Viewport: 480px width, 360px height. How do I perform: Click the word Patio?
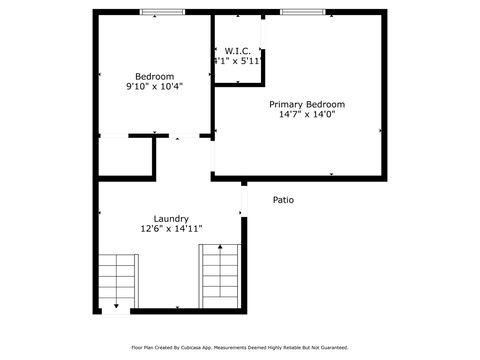pyautogui.click(x=284, y=200)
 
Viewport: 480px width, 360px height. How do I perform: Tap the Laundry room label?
pyautogui.click(x=171, y=218)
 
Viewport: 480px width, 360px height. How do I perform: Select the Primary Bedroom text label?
pyautogui.click(x=306, y=104)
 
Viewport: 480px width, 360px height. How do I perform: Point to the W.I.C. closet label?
pyautogui.click(x=237, y=51)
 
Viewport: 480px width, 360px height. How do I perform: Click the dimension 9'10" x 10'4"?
pyautogui.click(x=154, y=87)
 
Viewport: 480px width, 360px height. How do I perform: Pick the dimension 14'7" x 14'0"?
pyautogui.click(x=306, y=114)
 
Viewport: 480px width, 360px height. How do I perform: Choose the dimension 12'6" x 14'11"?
pyautogui.click(x=171, y=228)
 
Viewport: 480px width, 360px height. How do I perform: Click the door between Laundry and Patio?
pyautogui.click(x=243, y=199)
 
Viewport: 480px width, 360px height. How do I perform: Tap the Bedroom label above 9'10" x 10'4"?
pyautogui.click(x=154, y=77)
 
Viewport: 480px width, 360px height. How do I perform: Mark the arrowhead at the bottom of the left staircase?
pyautogui.click(x=117, y=305)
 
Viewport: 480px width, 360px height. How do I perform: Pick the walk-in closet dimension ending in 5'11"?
pyautogui.click(x=237, y=61)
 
